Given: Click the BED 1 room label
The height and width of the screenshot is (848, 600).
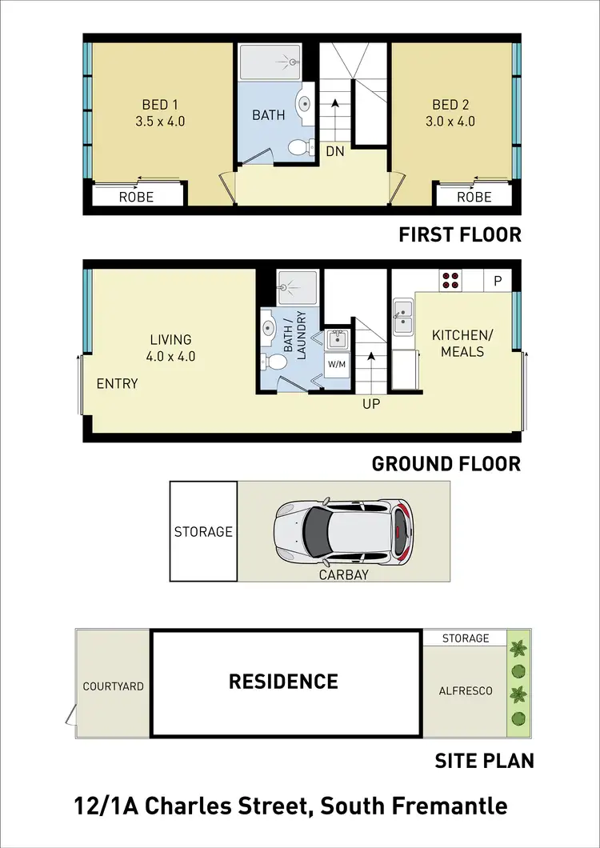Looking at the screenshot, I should (155, 105).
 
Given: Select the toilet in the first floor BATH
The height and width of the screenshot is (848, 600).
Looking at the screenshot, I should (298, 146).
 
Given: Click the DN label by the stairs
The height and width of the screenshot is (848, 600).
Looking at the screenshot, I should (334, 150).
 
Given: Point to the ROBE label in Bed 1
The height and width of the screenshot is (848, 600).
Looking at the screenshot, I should (136, 197).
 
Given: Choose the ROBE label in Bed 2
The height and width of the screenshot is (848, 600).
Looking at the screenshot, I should (474, 197).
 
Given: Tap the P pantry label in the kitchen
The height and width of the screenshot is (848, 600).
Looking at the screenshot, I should (498, 281).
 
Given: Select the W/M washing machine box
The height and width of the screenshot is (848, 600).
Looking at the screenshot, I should (337, 365).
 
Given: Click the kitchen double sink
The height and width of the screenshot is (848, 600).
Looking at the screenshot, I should (403, 315).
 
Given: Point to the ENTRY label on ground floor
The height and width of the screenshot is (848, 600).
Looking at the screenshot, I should (117, 383).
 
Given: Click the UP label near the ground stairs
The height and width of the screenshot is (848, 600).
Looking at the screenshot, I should (371, 404).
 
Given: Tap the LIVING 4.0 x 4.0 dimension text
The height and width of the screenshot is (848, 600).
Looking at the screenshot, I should (170, 357).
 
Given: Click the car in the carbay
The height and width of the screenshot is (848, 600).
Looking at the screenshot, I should (342, 530).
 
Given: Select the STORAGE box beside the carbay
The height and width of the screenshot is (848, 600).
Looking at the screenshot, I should (203, 531).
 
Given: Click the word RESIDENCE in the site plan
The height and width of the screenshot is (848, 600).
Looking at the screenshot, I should (283, 682).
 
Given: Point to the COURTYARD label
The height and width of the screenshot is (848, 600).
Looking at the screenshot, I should (114, 686).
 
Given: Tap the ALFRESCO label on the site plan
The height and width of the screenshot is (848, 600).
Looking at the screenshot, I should (465, 690).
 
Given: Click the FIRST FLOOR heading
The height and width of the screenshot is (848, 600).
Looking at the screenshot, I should (459, 234).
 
